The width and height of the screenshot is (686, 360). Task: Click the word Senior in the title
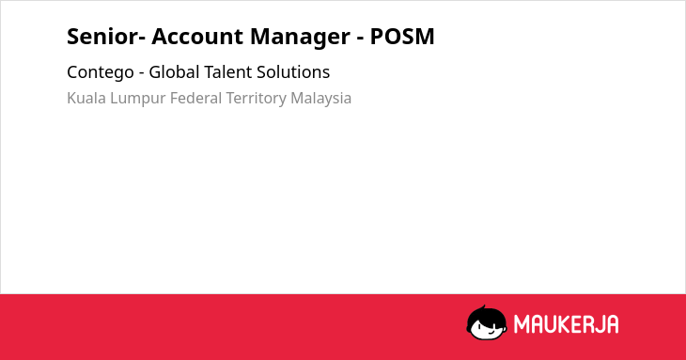[x=102, y=37]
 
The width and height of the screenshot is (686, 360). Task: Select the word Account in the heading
[x=197, y=37]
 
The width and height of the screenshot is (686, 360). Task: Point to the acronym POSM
[x=402, y=37]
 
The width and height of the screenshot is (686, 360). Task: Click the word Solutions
[x=293, y=71]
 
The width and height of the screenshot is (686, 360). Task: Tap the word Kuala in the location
[x=86, y=98]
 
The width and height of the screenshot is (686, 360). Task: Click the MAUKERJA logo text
[x=566, y=324]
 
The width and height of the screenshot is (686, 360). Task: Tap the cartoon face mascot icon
[x=487, y=322]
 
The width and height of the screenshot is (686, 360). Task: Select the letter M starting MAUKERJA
[x=521, y=324]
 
